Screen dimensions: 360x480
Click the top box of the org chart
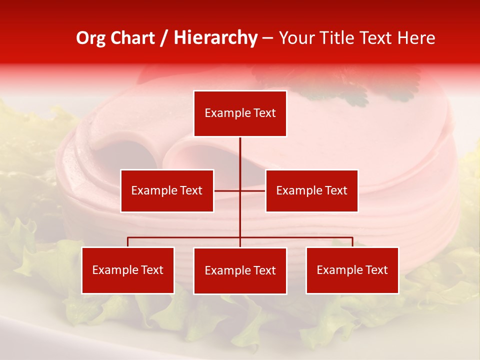240,113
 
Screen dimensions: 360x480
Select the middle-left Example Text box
167,190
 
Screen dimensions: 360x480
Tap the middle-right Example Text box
311,190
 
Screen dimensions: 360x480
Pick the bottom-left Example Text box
127,270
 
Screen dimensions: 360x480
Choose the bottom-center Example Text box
240,270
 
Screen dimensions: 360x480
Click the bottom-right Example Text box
352,270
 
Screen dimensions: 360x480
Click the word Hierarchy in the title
215,38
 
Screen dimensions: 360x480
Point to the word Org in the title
90,38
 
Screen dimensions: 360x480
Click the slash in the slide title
164,38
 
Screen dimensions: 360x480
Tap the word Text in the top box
264,113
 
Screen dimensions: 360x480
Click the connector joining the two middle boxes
240,190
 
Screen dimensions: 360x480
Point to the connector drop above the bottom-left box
127,242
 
